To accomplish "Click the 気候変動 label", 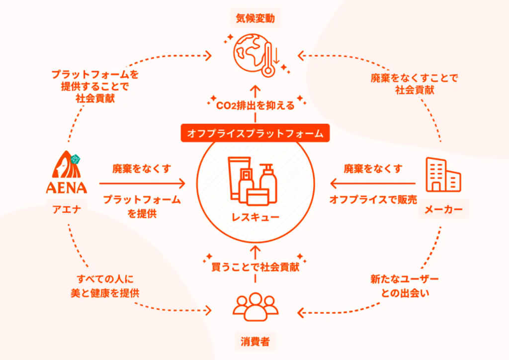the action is point(255,18).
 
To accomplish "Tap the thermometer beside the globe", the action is point(268,59).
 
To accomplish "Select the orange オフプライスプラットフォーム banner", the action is point(255,133).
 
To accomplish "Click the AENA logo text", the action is point(67,187).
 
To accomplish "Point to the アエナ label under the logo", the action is point(67,209).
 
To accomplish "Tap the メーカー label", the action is point(443,209).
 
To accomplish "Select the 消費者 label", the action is point(255,342).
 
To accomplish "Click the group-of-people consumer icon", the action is point(255,307).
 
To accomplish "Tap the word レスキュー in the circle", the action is point(255,217).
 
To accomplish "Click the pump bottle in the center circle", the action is point(268,183).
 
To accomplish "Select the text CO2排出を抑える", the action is point(255,105).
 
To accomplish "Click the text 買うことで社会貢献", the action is point(255,267).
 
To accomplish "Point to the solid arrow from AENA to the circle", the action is point(142,183).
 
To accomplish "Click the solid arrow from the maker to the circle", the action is point(373,183).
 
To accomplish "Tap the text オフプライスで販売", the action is point(373,199).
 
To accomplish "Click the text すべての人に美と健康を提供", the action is point(105,286).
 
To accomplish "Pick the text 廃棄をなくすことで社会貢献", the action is point(414,84).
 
